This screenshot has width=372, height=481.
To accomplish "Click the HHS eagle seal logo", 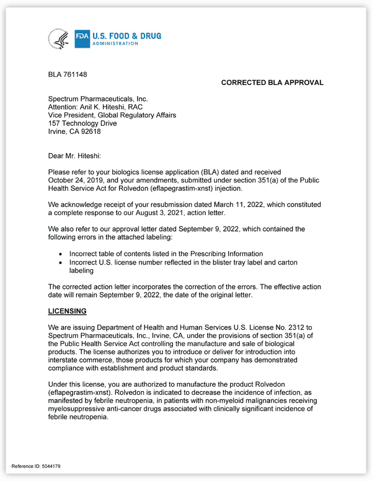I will (x=59, y=38).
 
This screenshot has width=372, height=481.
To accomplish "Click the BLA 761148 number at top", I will (x=68, y=75).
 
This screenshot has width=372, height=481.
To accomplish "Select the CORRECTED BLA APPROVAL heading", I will (x=272, y=83).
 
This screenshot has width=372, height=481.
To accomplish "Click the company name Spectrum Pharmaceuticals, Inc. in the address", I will (x=98, y=99).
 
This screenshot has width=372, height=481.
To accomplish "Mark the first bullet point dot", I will (x=60, y=254).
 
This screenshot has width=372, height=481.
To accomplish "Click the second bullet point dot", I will (x=60, y=263).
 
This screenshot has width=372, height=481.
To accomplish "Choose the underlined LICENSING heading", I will (x=67, y=311).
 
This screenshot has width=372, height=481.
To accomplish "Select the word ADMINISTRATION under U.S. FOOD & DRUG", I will (x=115, y=43).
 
